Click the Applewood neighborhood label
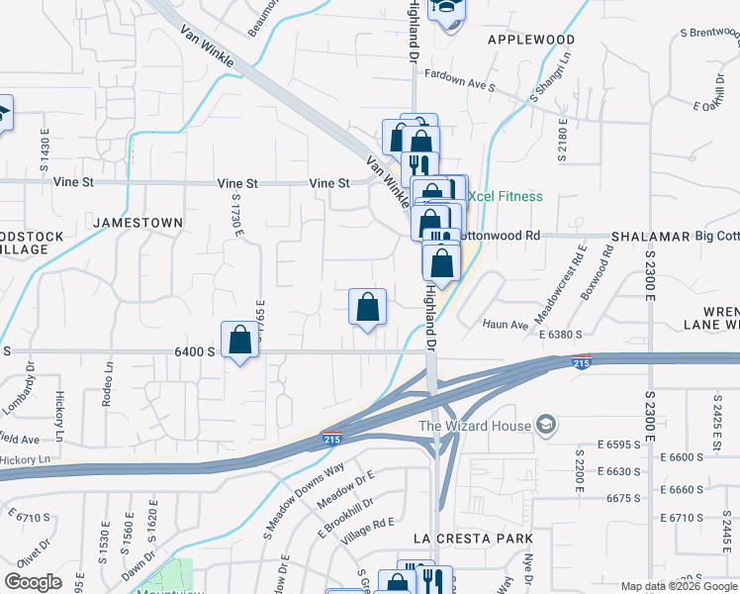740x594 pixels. pyautogui.click(x=531, y=40)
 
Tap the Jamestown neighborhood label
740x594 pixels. pyautogui.click(x=139, y=223)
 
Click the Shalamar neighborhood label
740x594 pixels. pyautogui.click(x=649, y=237)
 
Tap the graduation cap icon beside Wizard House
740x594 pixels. pyautogui.click(x=544, y=427)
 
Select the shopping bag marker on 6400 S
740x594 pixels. pyautogui.click(x=239, y=341)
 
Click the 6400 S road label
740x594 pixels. pyautogui.click(x=194, y=351)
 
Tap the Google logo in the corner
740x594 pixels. pyautogui.click(x=33, y=582)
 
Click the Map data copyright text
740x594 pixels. pyautogui.click(x=678, y=586)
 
